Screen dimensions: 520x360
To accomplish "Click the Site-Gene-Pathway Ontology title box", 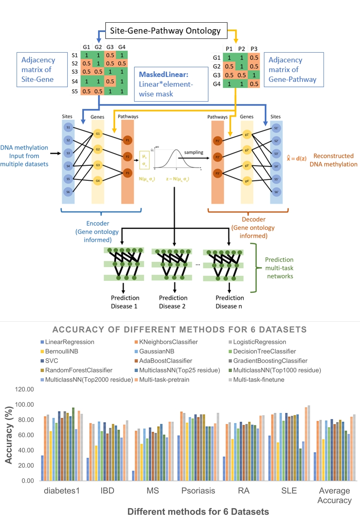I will (x=166, y=30).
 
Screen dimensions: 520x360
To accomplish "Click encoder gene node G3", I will (x=98, y=165).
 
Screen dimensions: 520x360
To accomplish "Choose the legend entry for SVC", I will (x=52, y=361).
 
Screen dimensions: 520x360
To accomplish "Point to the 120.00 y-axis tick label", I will (x=26, y=389).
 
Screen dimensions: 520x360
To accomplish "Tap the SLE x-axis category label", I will (x=288, y=491).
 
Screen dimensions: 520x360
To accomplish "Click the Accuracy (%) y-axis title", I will (x=9, y=435).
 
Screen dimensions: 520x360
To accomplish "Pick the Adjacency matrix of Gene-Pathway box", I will (x=292, y=70).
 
